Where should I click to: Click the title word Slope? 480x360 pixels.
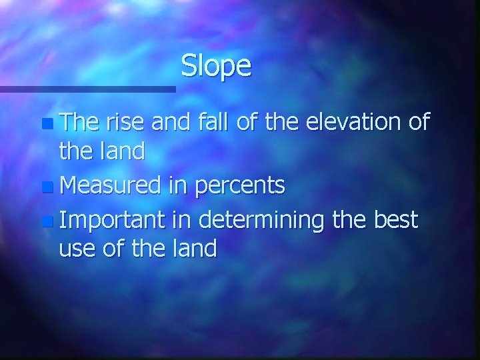point(216,66)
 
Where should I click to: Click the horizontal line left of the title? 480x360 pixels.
point(87,88)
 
